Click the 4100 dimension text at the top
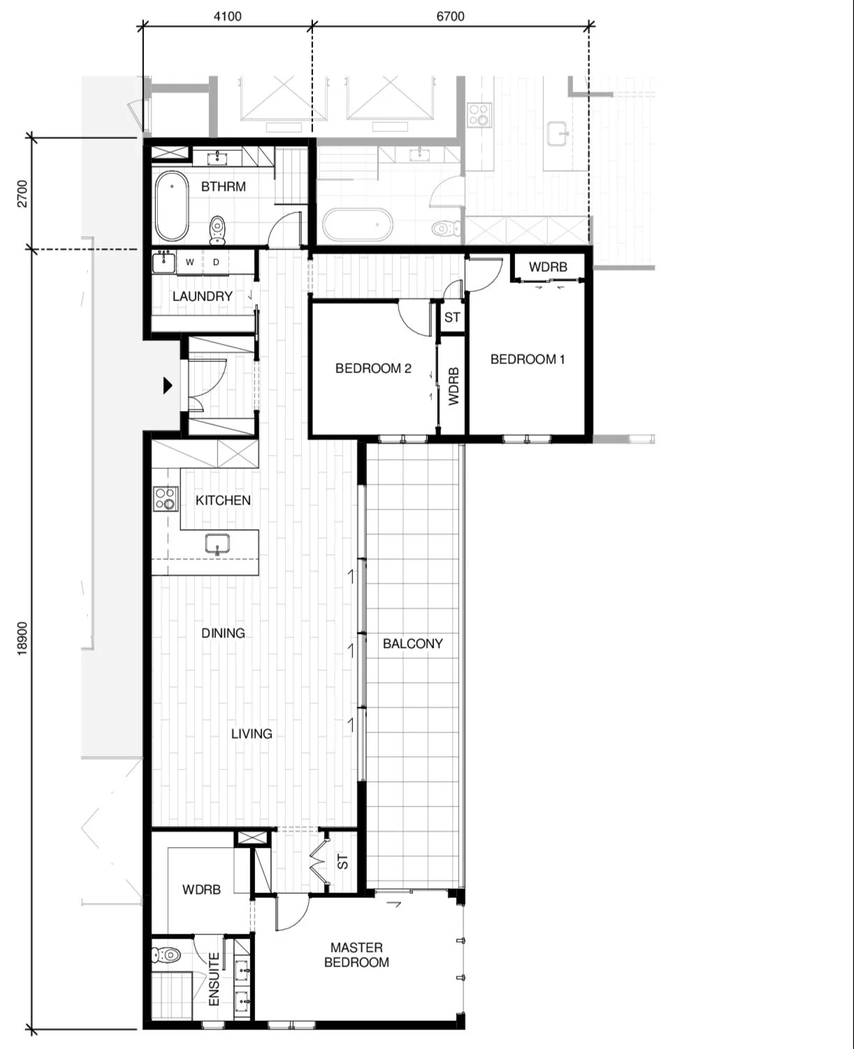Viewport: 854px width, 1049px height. click(227, 16)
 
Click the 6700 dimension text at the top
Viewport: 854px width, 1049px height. click(450, 16)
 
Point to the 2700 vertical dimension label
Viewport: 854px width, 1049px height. click(22, 193)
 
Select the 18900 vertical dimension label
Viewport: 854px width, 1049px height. click(22, 638)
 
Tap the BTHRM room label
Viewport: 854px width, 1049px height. click(223, 187)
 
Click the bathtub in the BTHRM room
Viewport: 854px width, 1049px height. click(172, 206)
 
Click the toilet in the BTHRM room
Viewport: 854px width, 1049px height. click(217, 229)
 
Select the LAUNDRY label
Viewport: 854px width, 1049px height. click(202, 296)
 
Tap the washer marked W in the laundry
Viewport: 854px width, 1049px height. click(189, 263)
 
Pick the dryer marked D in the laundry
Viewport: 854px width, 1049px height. click(217, 263)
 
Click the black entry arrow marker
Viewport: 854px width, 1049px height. click(168, 385)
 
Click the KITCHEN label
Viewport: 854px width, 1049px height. click(223, 500)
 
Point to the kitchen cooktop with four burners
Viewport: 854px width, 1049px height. click(166, 499)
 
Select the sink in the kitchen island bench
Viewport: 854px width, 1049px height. click(218, 543)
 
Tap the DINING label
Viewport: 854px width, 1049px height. click(223, 633)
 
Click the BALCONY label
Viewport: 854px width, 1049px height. click(412, 644)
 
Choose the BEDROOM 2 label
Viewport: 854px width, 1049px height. click(373, 368)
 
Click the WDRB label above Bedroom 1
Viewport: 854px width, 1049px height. click(548, 267)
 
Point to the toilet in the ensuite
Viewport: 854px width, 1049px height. click(166, 954)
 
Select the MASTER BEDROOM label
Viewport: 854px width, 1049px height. click(356, 955)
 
